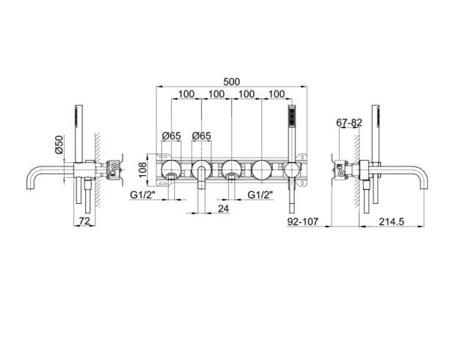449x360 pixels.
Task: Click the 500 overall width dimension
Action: tap(232, 82)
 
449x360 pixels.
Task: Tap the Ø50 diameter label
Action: tap(59, 144)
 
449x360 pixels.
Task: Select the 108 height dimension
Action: tap(142, 170)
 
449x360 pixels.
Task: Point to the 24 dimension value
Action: tap(224, 209)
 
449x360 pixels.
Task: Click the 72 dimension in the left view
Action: tap(85, 221)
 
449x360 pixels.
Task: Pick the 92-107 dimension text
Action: tap(303, 221)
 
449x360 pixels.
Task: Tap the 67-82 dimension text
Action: tap(349, 122)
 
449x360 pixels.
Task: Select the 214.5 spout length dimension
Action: tap(392, 221)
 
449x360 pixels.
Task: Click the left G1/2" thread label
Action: tap(142, 195)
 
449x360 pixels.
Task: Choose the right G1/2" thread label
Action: tap(260, 195)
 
